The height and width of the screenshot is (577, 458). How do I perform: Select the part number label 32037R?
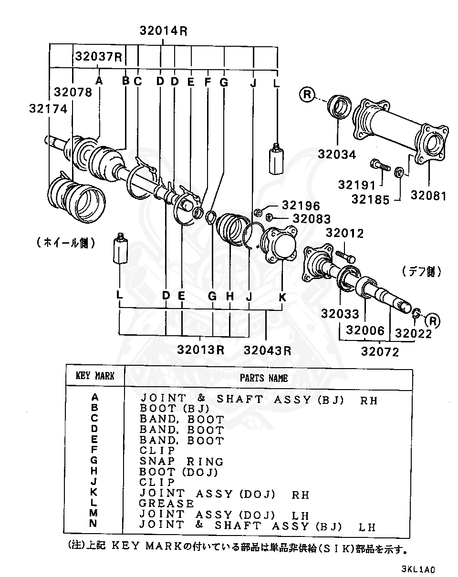pyautogui.click(x=98, y=57)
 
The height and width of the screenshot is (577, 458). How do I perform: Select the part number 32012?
pyautogui.click(x=344, y=233)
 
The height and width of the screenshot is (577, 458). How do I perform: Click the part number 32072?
pyautogui.click(x=380, y=352)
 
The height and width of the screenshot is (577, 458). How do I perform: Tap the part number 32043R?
pyautogui.click(x=267, y=350)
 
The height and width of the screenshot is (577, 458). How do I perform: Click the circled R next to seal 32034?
pyautogui.click(x=308, y=95)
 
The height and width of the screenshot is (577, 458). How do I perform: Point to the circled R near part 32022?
pyautogui.click(x=433, y=319)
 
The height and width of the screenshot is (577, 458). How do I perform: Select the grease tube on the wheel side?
pyautogui.click(x=121, y=249)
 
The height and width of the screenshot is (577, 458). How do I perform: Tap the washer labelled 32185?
pyautogui.click(x=400, y=171)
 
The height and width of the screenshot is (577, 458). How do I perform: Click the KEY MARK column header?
pyautogui.click(x=95, y=376)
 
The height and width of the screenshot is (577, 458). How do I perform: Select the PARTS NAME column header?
pyautogui.click(x=263, y=378)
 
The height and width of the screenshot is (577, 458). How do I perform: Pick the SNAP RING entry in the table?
pyautogui.click(x=181, y=461)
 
